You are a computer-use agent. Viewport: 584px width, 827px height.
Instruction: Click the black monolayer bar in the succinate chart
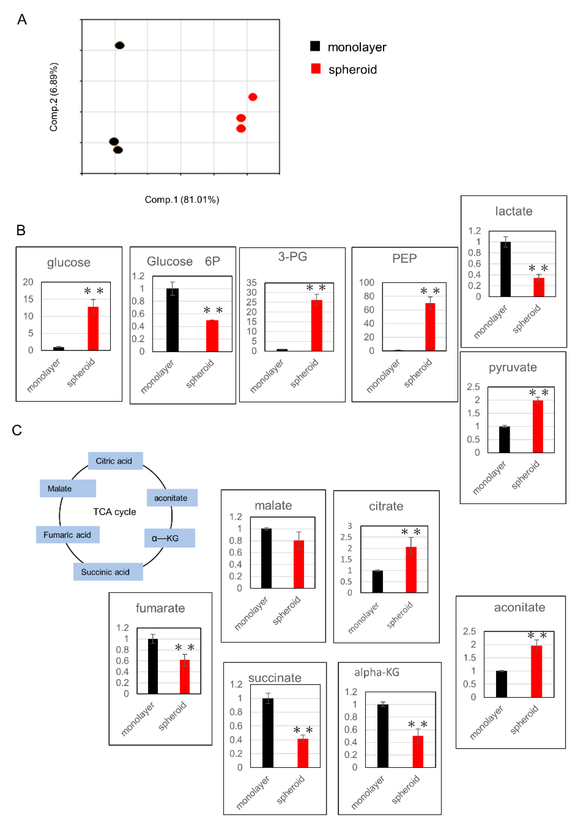pos(268,733)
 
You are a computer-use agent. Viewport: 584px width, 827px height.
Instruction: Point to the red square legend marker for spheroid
pos(316,68)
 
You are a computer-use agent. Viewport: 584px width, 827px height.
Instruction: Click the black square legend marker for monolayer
pos(315,46)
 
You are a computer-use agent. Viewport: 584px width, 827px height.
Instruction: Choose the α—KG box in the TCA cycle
pos(170,538)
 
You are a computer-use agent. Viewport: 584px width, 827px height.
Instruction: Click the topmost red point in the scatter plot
pos(253,97)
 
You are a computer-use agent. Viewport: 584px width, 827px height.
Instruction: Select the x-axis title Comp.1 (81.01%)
pos(182,199)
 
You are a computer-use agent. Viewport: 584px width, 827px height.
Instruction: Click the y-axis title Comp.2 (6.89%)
pos(54,97)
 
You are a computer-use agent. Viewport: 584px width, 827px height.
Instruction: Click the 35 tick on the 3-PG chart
pos(251,283)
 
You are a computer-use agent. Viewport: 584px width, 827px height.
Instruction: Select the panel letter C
pos(17,430)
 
